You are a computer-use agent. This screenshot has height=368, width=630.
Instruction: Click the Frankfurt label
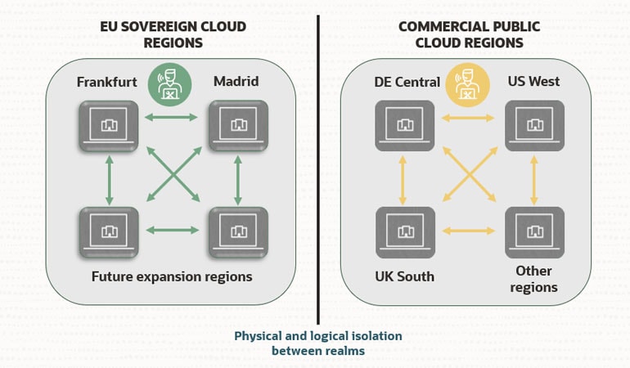tap(106, 82)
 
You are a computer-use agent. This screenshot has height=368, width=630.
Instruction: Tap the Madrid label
tap(236, 82)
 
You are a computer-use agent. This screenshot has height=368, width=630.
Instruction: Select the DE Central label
tap(407, 82)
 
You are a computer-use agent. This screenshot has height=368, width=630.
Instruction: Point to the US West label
tap(533, 82)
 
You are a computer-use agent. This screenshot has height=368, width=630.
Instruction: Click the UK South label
tap(404, 276)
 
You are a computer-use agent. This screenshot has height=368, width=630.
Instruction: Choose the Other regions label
tap(533, 279)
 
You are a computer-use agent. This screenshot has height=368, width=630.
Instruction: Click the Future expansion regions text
tap(173, 276)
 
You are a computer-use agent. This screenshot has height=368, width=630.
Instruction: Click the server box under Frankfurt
tap(108, 125)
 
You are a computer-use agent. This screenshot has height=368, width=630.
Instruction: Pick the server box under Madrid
tap(237, 125)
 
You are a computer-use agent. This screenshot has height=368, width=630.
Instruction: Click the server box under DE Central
tap(404, 125)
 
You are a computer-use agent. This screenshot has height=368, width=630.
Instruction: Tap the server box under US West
tap(534, 125)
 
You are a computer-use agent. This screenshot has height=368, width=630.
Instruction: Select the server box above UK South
tap(404, 232)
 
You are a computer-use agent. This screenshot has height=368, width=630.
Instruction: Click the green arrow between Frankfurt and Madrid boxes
tap(173, 118)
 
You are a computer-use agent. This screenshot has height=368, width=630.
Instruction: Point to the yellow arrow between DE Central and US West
tap(469, 118)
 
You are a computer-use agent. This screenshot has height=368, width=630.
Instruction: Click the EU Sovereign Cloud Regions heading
tap(172, 34)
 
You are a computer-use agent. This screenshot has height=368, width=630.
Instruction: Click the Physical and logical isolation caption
tap(318, 343)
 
